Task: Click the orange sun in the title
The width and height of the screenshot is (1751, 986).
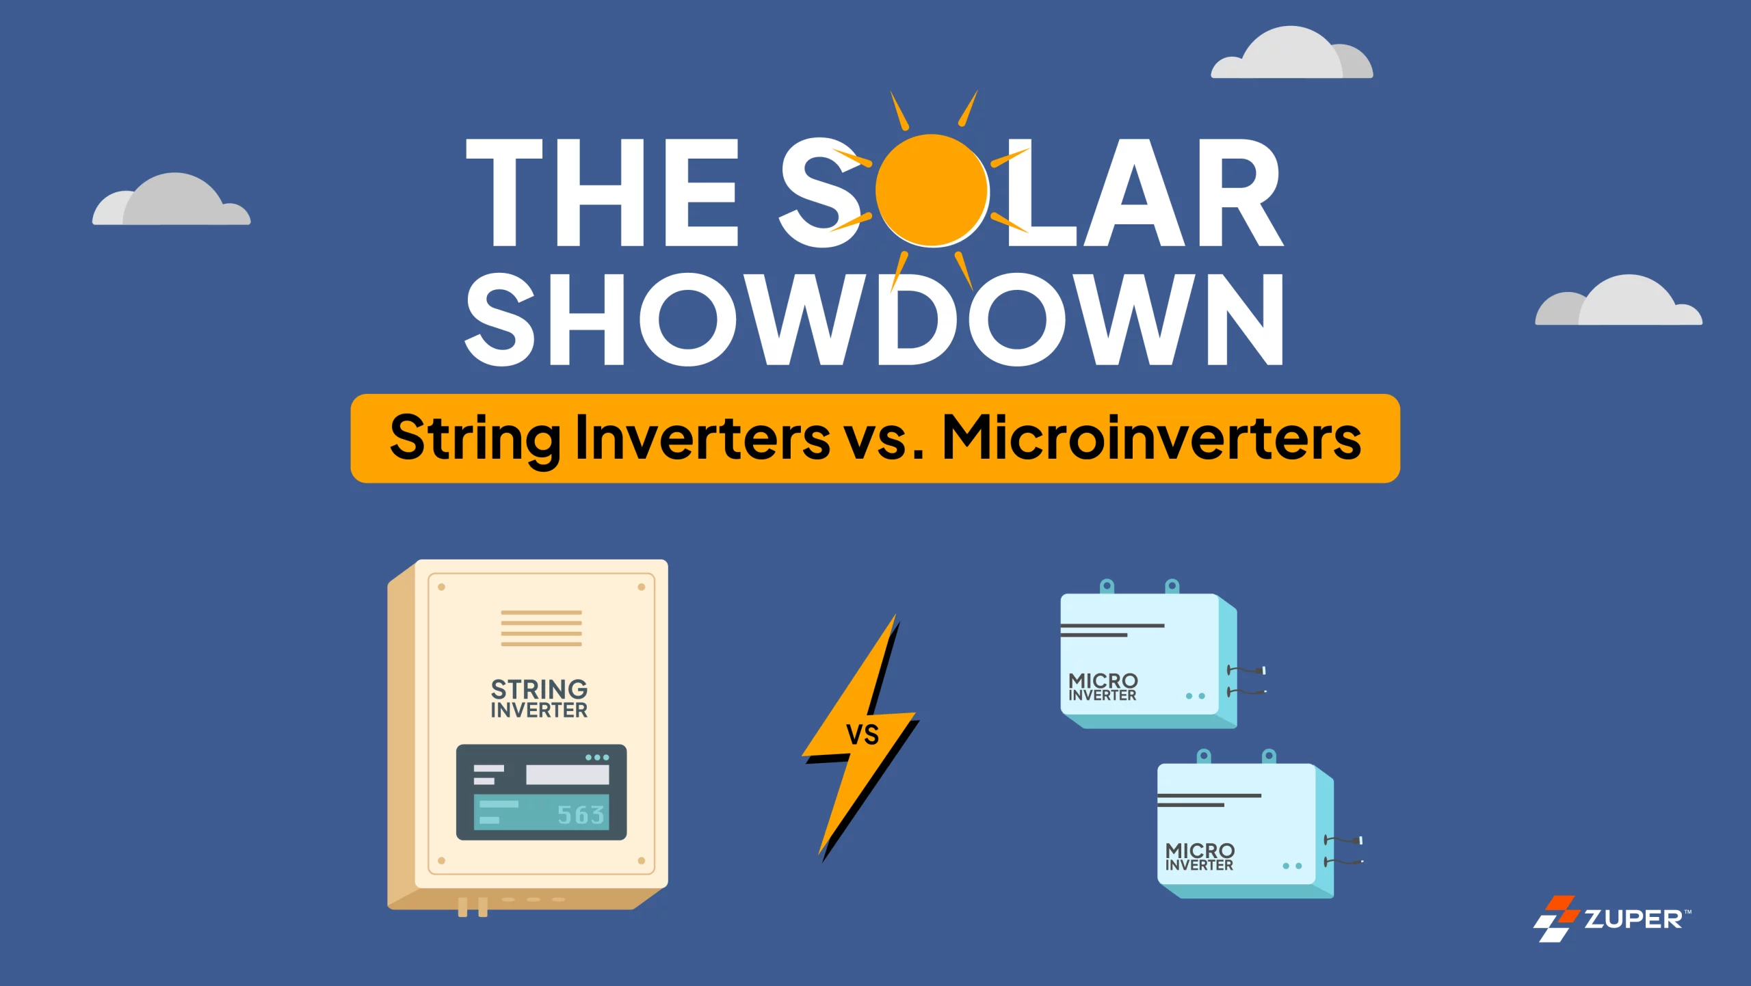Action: tap(932, 190)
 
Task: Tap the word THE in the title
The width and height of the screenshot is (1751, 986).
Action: tap(602, 192)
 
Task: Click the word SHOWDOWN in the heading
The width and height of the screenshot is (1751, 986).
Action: tap(874, 319)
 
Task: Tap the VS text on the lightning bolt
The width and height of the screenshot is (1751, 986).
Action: tap(862, 735)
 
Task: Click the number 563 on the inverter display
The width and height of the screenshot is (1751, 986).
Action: tap(581, 814)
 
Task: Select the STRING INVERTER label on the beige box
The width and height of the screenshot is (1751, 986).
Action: tap(539, 698)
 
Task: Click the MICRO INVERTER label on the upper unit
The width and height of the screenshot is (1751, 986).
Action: tap(1103, 687)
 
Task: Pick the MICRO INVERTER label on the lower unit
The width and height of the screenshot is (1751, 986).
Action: tap(1200, 856)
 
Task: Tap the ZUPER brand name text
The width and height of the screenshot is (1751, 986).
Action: tap(1633, 919)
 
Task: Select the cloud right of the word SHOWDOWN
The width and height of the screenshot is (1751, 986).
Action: tap(1618, 300)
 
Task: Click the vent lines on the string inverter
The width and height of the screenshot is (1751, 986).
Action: tap(541, 628)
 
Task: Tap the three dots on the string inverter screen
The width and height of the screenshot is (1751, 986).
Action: tap(597, 758)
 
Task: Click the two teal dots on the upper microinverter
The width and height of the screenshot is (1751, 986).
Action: tap(1196, 696)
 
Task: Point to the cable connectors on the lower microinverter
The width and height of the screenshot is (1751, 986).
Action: tap(1343, 851)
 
